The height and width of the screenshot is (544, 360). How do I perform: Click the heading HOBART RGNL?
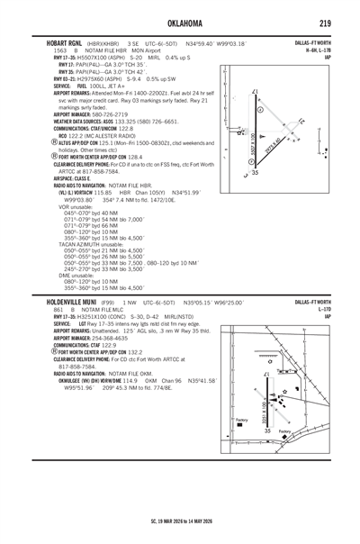pyautogui.click(x=60, y=42)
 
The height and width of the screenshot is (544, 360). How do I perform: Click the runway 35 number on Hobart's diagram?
pyautogui.click(x=255, y=171)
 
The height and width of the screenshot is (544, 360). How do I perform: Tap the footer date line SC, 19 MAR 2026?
pyautogui.click(x=180, y=521)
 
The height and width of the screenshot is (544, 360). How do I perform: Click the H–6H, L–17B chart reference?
pyautogui.click(x=319, y=50)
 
